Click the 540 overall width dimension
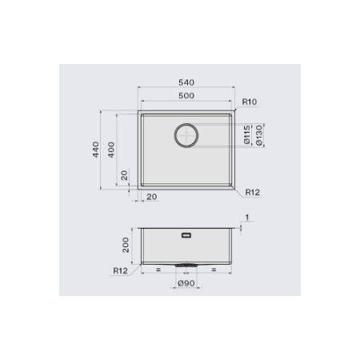pyautogui.click(x=186, y=82)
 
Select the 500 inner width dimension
pyautogui.click(x=186, y=95)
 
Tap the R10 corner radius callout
pyautogui.click(x=250, y=102)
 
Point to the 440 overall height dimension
pyautogui.click(x=96, y=150)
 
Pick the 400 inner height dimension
pyautogui.click(x=111, y=150)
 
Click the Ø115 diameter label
pyautogui.click(x=247, y=135)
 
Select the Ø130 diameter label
pyautogui.click(x=259, y=135)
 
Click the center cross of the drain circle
pyautogui.click(x=186, y=135)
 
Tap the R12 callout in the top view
pyautogui.click(x=252, y=192)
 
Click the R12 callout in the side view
pyautogui.click(x=121, y=270)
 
